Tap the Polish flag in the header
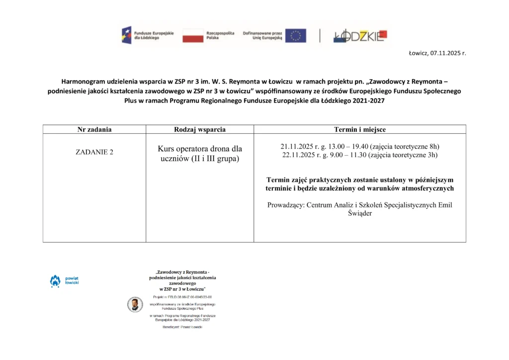coord(193,35)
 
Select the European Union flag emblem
coord(296,35)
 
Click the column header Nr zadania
coord(94,129)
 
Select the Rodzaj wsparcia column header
coord(200,129)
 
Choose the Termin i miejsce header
coord(360,129)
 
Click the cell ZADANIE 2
coord(94,152)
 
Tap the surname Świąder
coord(360,213)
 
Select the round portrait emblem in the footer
coord(135,304)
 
